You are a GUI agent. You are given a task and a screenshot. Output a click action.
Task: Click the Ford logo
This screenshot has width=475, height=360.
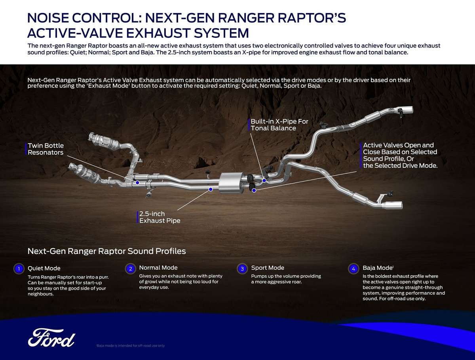coord(51,337)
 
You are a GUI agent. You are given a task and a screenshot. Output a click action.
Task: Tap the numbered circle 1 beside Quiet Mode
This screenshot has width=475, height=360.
coord(18,269)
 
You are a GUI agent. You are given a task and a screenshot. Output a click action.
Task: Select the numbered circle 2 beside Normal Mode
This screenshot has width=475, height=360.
coord(131,269)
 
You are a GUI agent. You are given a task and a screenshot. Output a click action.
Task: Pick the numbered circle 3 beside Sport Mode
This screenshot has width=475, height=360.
coord(242,269)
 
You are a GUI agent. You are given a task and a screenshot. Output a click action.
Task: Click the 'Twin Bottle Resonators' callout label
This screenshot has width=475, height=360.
coord(46,149)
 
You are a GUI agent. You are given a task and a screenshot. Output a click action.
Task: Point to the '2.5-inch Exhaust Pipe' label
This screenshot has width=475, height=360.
coord(160,217)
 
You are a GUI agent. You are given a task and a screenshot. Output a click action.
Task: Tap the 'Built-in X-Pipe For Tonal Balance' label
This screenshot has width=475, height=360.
coord(279,125)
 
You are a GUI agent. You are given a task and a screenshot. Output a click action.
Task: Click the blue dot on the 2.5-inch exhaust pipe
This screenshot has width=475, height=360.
coord(211,189)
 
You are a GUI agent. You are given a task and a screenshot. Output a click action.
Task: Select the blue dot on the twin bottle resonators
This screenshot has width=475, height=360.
coord(137,182)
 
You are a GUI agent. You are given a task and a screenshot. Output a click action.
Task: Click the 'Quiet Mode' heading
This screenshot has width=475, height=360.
coord(44,268)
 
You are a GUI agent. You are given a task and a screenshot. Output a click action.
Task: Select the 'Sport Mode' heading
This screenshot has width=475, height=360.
coord(268,268)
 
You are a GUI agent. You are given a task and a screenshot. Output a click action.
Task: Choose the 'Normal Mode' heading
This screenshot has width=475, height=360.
coord(158,268)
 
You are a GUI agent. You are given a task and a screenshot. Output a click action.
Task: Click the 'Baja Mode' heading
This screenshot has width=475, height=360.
coord(377,268)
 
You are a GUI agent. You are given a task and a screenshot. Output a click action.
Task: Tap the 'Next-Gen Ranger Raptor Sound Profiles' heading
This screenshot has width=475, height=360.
coord(106,251)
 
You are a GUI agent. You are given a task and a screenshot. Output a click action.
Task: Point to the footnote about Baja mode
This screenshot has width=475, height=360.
coord(130,345)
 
